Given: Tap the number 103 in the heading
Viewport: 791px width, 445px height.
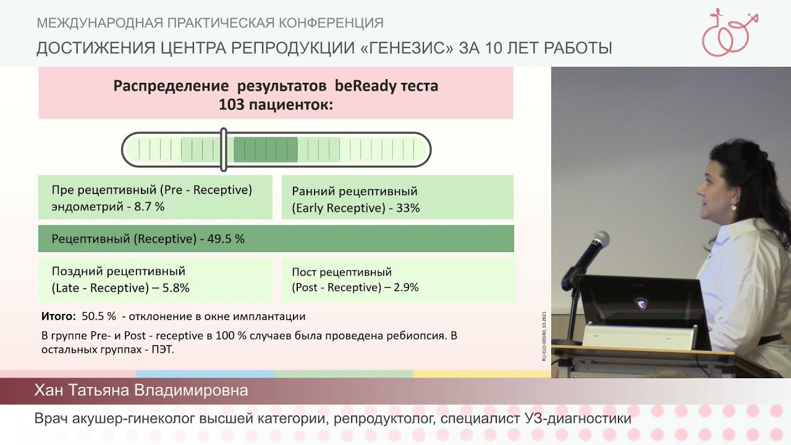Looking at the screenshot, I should [x=231, y=105].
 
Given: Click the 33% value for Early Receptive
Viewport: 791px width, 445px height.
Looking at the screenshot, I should [x=408, y=208].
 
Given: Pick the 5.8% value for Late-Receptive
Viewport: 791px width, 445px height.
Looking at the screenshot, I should [x=176, y=288].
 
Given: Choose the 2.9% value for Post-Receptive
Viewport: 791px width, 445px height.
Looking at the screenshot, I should [x=405, y=287].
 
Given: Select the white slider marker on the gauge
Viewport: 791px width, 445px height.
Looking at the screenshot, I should [x=224, y=150].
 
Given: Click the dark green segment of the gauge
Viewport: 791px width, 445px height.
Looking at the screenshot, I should [x=266, y=150].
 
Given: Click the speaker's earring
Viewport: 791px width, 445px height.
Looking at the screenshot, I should [x=734, y=208].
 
